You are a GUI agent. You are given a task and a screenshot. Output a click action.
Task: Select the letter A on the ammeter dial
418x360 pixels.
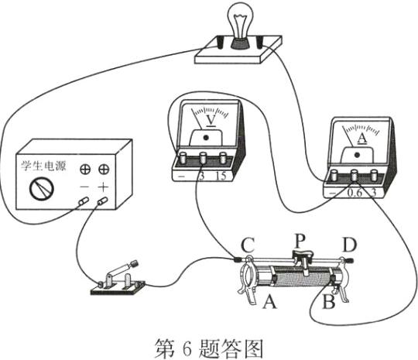point(361,139)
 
